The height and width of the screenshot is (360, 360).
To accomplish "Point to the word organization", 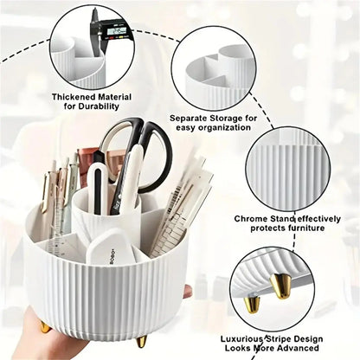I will click(224, 128).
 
